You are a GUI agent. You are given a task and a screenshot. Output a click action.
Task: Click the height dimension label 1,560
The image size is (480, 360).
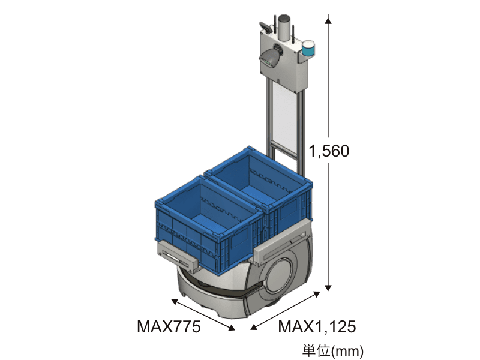pyautogui.click(x=329, y=151)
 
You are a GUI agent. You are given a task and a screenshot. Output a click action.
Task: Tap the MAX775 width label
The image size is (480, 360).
pyautogui.click(x=169, y=326)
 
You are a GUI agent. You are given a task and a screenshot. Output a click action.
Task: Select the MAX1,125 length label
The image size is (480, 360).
pyautogui.click(x=317, y=326)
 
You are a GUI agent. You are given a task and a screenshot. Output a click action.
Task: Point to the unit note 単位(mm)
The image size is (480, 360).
pyautogui.click(x=333, y=350)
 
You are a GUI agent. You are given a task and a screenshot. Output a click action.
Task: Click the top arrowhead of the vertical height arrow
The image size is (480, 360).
pyautogui.click(x=328, y=20)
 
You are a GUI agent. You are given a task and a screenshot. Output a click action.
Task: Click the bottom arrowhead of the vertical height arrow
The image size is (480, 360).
pyautogui.click(x=328, y=287)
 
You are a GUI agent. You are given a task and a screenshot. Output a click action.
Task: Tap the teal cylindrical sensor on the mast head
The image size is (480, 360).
pyautogui.click(x=308, y=48)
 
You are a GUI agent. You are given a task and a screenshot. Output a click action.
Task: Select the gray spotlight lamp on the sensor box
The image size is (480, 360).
pyautogui.click(x=269, y=58)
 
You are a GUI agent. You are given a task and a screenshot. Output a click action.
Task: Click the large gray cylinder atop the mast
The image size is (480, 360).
pyautogui.click(x=284, y=28)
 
